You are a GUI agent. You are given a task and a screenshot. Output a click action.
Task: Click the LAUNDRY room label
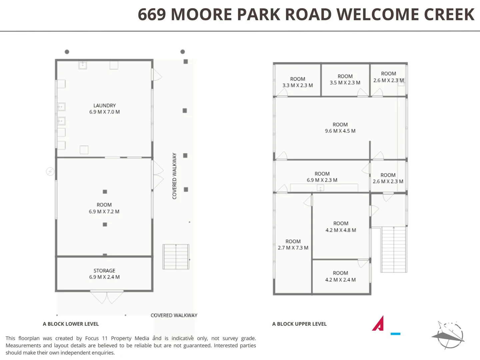pyautogui.click(x=104, y=106)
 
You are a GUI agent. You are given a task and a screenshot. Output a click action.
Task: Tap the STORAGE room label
pyautogui.click(x=104, y=271)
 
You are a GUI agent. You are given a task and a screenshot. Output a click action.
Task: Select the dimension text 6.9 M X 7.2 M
pyautogui.click(x=104, y=212)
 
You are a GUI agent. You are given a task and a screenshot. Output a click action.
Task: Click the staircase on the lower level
pyautogui.click(x=176, y=257)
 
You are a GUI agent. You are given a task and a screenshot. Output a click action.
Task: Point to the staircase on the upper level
pyautogui.click(x=394, y=249)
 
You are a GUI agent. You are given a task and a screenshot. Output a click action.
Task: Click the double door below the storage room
pyautogui.click(x=107, y=297)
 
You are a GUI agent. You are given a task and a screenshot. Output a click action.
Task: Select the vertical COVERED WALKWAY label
pyautogui.click(x=174, y=176)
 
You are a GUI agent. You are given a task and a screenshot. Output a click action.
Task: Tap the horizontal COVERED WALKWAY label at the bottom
pyautogui.click(x=174, y=315)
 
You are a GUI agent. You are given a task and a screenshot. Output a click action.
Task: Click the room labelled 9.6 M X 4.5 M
pyautogui.click(x=340, y=128)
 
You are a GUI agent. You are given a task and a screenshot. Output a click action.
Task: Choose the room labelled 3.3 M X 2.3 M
pyautogui.click(x=297, y=82)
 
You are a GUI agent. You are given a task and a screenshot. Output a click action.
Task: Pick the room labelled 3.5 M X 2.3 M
pyautogui.click(x=345, y=80)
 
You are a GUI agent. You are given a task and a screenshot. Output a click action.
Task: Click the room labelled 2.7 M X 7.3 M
pyautogui.click(x=293, y=245)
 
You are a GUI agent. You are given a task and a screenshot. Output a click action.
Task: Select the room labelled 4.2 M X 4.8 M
pyautogui.click(x=341, y=227)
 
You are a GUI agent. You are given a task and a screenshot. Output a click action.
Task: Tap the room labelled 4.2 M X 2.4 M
pyautogui.click(x=340, y=276)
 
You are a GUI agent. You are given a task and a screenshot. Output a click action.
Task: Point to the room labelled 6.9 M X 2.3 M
pyautogui.click(x=322, y=177)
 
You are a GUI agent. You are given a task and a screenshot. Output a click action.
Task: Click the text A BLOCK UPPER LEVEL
pyautogui.click(x=299, y=324)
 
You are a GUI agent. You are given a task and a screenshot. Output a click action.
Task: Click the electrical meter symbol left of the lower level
pyautogui.click(x=50, y=171)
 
